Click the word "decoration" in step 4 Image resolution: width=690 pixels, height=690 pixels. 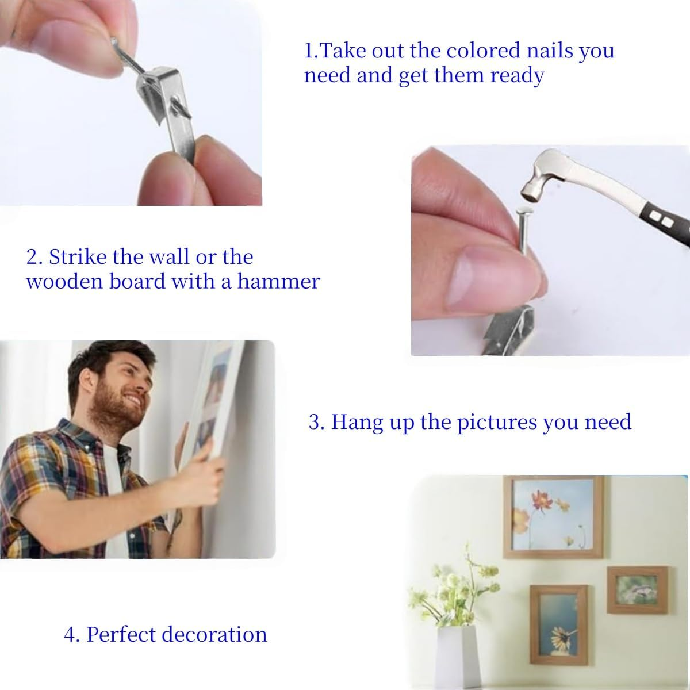[214, 634]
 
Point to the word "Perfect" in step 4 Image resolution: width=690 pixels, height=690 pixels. [121, 634]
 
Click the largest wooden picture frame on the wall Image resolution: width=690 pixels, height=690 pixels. [553, 516]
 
